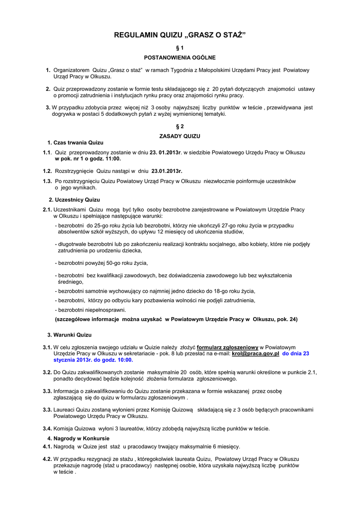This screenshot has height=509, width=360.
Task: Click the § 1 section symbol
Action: [180, 48]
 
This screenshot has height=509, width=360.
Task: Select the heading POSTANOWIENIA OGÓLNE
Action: [180, 58]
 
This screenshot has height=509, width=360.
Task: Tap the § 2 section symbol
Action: [180, 126]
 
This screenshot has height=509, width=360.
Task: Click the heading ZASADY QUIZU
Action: [180, 136]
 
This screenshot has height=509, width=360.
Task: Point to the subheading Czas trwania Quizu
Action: [75, 143]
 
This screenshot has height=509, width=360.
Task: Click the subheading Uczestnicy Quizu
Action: [74, 199]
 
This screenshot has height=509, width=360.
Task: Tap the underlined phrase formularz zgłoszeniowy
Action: [227, 347]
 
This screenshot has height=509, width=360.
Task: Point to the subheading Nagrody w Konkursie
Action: [78, 438]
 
